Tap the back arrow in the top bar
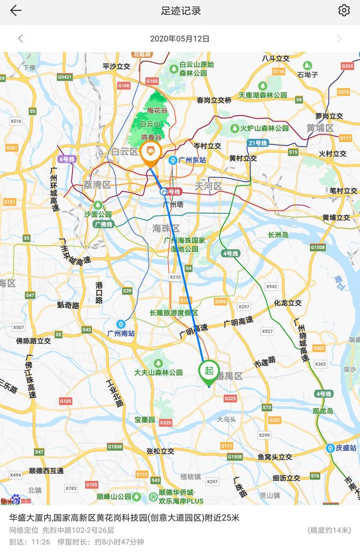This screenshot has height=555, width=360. (16, 10)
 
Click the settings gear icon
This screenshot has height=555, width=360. (344, 10)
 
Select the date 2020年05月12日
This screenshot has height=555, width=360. (180, 39)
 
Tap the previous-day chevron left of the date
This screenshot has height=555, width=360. (21, 39)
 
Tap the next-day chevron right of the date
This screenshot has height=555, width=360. (339, 39)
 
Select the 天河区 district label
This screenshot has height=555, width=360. (208, 186)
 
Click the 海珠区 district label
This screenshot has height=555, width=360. (165, 228)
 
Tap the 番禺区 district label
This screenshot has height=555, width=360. (229, 377)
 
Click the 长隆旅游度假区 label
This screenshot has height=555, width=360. (174, 313)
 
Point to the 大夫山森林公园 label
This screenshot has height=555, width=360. (159, 372)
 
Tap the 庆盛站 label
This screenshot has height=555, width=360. (343, 448)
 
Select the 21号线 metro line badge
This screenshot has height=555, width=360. (257, 143)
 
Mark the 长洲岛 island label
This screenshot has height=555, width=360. (278, 235)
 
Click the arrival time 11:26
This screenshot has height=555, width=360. (40, 542)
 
